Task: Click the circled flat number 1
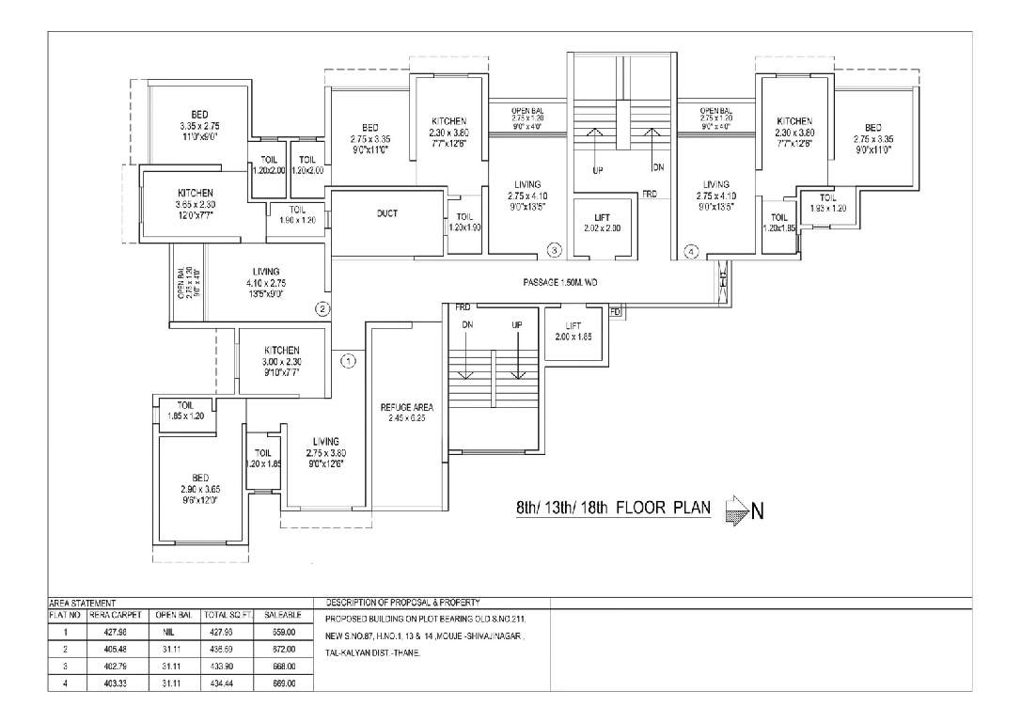348,360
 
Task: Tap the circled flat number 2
322,307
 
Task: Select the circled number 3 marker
555,250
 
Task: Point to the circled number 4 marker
691,251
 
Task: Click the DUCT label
386,213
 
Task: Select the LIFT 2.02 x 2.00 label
602,223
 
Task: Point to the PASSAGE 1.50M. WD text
560,282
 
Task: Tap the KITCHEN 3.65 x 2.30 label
195,204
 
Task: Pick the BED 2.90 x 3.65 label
199,489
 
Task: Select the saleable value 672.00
282,650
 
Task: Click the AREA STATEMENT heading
82,603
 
